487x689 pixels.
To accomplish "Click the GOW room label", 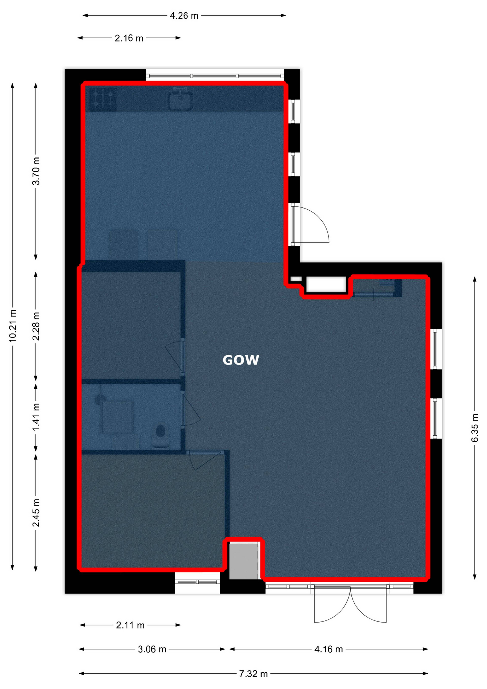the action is click(241, 360).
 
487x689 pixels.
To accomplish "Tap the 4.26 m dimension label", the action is click(184, 16).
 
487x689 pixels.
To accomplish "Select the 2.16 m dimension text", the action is click(129, 38).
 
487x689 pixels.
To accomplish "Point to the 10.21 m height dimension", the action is click(12, 326).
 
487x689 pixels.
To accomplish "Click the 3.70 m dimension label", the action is click(36, 171).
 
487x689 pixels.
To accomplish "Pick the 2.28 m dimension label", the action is click(36, 326).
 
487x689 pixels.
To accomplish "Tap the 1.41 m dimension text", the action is click(36, 417).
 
